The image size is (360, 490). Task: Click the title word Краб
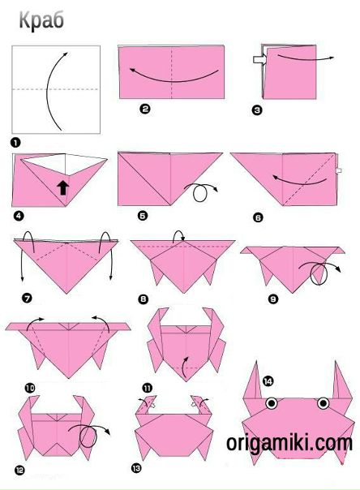41,20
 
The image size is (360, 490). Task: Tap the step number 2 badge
145,109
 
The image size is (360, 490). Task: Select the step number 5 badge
143,216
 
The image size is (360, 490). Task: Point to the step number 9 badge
273,299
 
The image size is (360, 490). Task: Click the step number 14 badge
268,381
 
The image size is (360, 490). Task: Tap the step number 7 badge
27,298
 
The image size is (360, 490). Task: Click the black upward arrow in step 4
63,187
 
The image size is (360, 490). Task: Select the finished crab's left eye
272,403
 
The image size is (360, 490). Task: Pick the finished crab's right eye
324,403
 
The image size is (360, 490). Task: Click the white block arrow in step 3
259,59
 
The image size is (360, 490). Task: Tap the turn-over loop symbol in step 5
200,192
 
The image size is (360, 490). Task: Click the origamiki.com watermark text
289,443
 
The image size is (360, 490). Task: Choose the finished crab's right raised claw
341,383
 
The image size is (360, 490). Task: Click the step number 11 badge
147,389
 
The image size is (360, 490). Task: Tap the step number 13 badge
136,468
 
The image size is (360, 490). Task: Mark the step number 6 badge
258,217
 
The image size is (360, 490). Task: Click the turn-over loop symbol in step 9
319,273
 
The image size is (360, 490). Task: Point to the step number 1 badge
15,143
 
